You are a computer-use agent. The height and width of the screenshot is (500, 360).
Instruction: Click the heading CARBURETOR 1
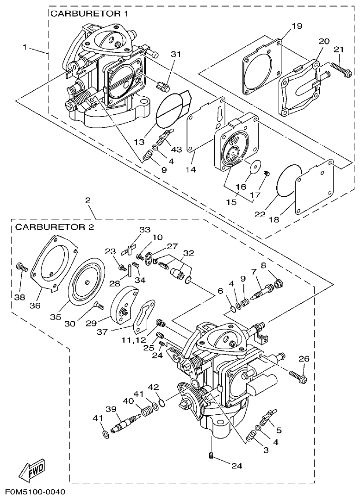click(89, 14)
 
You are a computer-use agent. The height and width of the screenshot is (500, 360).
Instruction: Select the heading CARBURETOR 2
click(55, 227)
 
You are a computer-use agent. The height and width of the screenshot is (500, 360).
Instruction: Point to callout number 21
click(339, 50)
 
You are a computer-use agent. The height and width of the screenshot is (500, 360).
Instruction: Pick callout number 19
click(297, 26)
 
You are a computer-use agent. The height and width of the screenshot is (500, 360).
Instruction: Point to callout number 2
click(87, 200)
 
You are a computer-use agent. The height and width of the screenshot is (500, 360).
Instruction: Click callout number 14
click(191, 169)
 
